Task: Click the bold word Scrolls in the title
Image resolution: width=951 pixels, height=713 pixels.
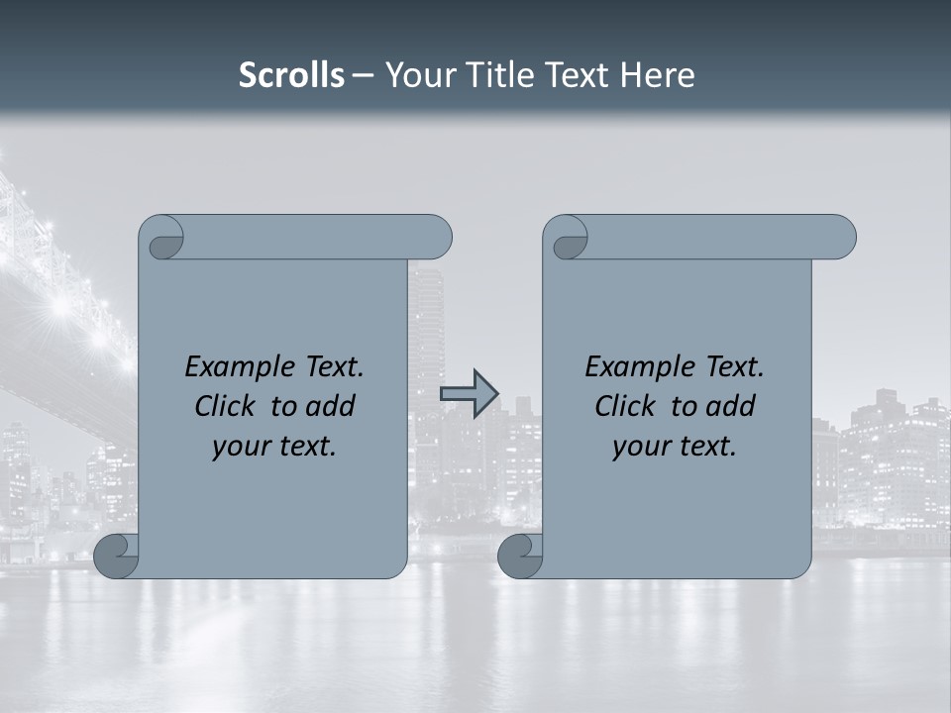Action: tap(291, 75)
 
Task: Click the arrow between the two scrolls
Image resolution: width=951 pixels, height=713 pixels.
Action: tap(469, 394)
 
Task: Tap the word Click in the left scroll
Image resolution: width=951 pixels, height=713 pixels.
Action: tap(225, 406)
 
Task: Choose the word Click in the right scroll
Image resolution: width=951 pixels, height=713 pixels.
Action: tap(625, 406)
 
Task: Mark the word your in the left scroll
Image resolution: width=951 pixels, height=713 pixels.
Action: tap(240, 447)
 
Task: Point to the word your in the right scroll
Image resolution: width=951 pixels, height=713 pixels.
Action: tap(640, 447)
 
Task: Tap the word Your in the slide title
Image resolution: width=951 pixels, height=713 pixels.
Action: tap(415, 75)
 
